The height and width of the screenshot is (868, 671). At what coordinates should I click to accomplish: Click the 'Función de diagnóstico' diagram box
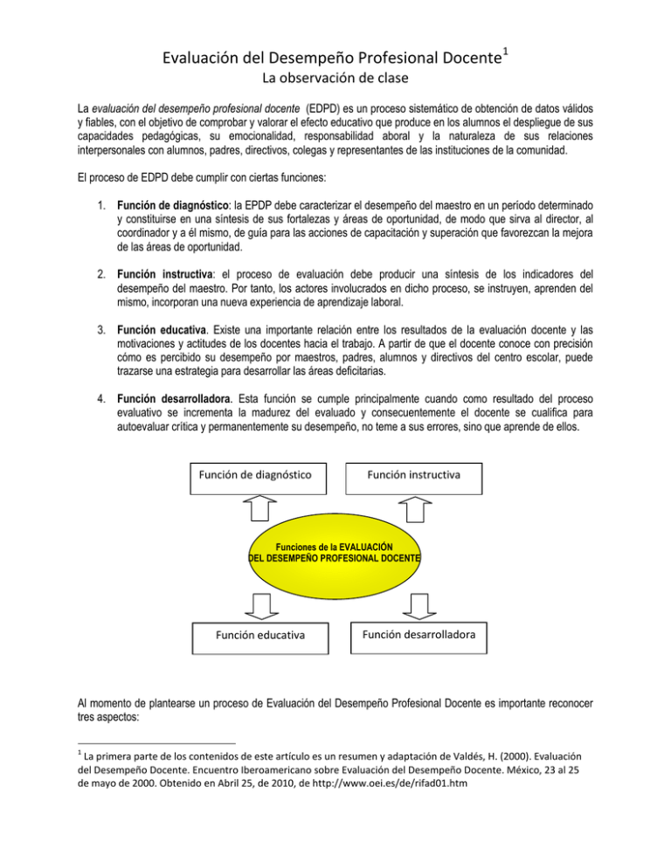click(x=252, y=480)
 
